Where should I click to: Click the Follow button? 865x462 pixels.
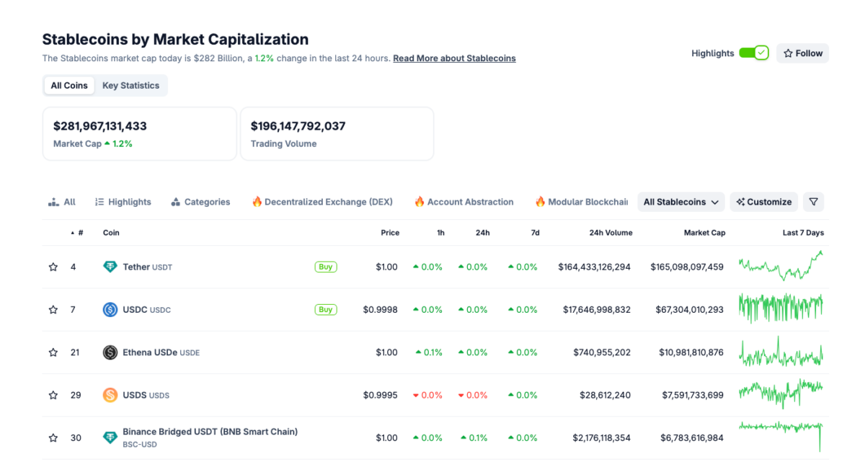click(x=802, y=53)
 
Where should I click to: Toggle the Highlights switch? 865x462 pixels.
click(x=753, y=53)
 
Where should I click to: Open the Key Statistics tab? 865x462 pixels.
click(x=130, y=86)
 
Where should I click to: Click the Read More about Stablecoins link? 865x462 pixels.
click(x=454, y=58)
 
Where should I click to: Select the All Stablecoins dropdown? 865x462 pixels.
click(x=680, y=203)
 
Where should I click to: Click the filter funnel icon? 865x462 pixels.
click(x=813, y=203)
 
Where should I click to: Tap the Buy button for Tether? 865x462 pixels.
click(x=326, y=267)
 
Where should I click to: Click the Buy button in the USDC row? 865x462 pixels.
click(x=326, y=310)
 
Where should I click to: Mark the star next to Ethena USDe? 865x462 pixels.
click(x=53, y=352)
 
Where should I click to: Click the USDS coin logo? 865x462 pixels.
click(x=110, y=395)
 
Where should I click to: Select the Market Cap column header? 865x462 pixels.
click(x=704, y=233)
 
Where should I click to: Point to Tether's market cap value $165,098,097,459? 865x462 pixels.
click(x=686, y=267)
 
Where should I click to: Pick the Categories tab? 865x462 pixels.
click(x=200, y=203)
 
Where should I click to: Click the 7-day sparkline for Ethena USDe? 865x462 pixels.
click(x=781, y=352)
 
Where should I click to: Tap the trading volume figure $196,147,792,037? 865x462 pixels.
click(x=298, y=126)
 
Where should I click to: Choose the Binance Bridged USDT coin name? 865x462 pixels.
click(x=210, y=432)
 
